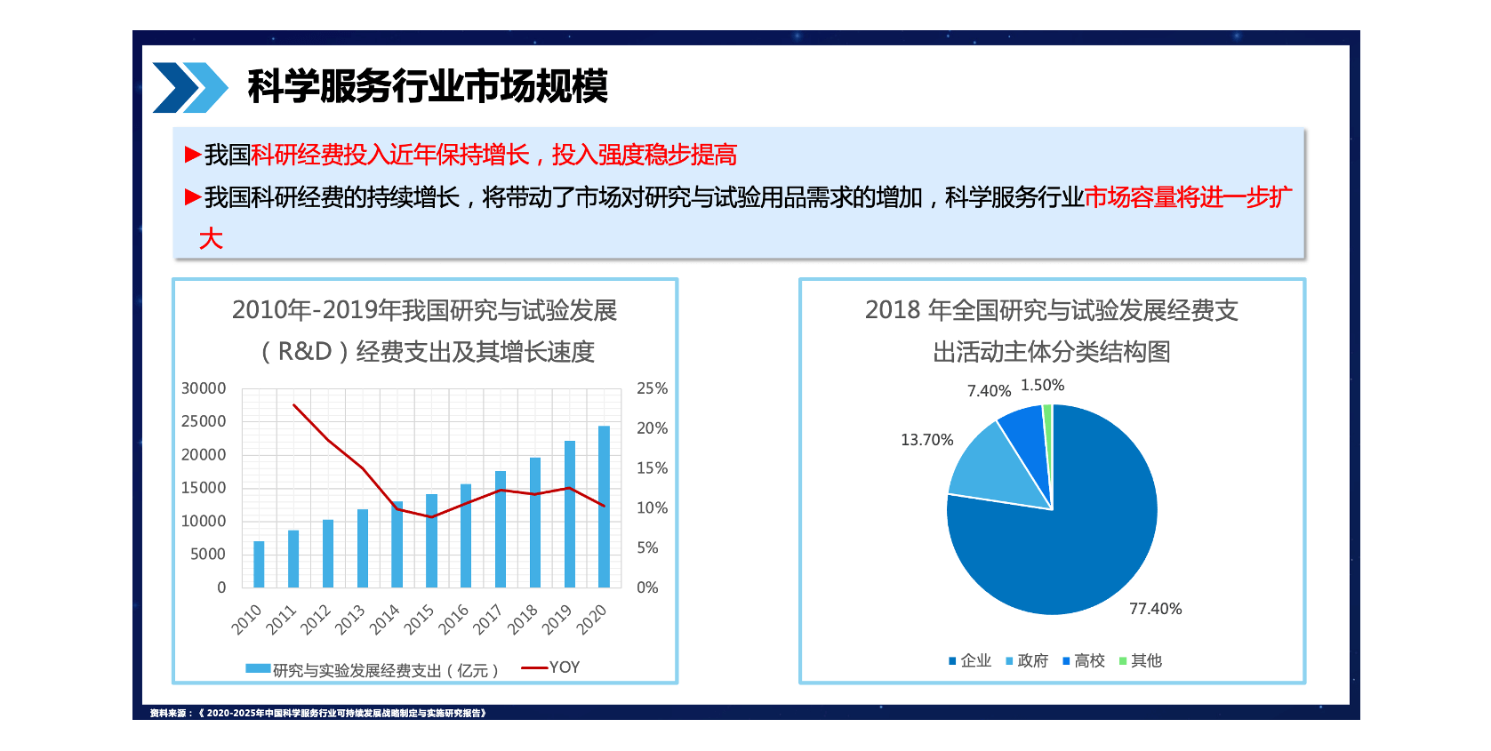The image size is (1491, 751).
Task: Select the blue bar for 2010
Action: [x=259, y=564]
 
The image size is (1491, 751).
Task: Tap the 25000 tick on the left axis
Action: [x=204, y=421]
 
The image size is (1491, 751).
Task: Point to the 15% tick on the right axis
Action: [x=652, y=468]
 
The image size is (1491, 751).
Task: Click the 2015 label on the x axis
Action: [x=419, y=619]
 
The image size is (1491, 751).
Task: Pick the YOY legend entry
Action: [x=551, y=667]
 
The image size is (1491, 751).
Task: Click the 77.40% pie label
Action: [x=1155, y=609]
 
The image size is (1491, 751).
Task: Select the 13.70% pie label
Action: [x=926, y=440]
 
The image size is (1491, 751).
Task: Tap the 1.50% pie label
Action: [x=1042, y=385]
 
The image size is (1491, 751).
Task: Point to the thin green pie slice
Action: [x=1048, y=418]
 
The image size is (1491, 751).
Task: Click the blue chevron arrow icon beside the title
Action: [x=189, y=87]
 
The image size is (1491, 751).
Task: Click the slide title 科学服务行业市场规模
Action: [x=428, y=86]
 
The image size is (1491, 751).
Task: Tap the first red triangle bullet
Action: [x=192, y=155]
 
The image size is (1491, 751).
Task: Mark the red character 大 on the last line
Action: [x=211, y=238]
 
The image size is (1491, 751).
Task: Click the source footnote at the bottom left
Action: [x=317, y=713]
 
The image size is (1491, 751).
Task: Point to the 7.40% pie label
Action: [x=989, y=391]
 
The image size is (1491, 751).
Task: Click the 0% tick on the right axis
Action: [x=647, y=587]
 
